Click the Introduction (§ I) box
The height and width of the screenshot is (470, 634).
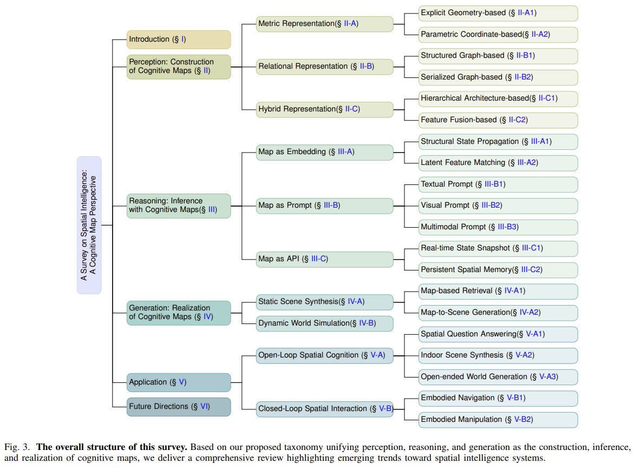point(179,39)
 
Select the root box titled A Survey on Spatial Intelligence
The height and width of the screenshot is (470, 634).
point(89,225)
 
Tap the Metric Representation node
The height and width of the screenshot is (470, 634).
point(324,24)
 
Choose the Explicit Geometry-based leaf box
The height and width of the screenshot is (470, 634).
point(498,14)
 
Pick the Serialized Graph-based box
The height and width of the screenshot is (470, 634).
point(498,77)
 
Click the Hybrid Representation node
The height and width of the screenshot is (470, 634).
point(324,109)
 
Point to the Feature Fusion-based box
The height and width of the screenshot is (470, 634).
point(498,120)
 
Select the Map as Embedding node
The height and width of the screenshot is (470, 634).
point(324,152)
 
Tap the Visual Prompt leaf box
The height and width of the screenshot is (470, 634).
point(498,206)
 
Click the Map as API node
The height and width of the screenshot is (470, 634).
point(324,259)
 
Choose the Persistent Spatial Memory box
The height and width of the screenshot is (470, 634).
point(498,270)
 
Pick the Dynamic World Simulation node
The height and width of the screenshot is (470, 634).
point(324,323)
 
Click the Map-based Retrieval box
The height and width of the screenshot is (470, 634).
point(498,292)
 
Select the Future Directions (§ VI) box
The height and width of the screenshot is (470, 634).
point(179,407)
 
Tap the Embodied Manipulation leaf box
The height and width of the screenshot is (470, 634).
point(498,420)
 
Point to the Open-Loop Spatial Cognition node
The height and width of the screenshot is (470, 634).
point(324,355)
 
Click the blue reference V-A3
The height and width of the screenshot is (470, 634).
point(547,377)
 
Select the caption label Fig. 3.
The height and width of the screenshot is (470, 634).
point(17,447)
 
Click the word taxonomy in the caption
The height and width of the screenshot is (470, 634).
point(303,447)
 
